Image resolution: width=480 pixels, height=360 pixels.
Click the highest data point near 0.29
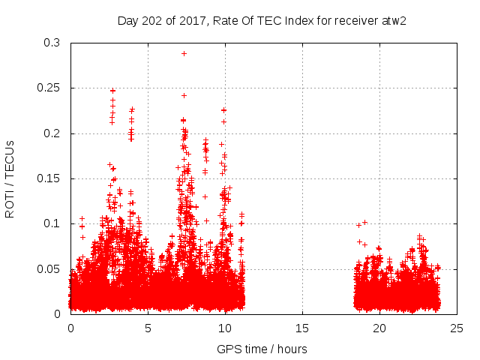pyautogui.click(x=184, y=53)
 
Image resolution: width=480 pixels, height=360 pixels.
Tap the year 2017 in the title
pyautogui.click(x=193, y=19)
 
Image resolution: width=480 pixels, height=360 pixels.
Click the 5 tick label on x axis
pyautogui.click(x=148, y=328)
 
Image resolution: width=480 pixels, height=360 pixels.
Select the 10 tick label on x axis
pyautogui.click(x=225, y=328)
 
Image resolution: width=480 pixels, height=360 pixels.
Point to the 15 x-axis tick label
pyautogui.click(x=302, y=328)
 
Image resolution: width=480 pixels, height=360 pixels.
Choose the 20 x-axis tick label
pyautogui.click(x=379, y=328)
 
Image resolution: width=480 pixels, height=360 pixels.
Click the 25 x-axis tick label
pyautogui.click(x=457, y=328)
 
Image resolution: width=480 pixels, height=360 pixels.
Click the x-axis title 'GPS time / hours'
pyautogui.click(x=262, y=349)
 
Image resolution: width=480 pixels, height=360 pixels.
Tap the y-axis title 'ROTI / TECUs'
pyautogui.click(x=10, y=178)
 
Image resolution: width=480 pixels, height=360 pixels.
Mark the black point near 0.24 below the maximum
pyautogui.click(x=184, y=95)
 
